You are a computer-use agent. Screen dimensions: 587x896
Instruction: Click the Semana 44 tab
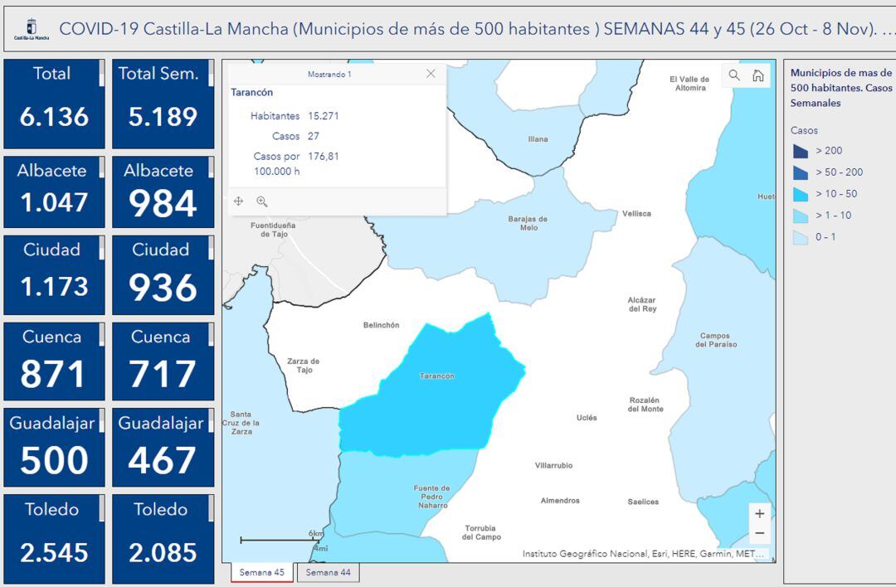328,572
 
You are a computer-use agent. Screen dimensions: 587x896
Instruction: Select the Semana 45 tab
261,572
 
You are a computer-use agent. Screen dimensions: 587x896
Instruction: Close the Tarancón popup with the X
431,74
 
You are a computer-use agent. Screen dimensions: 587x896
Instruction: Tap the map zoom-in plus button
759,513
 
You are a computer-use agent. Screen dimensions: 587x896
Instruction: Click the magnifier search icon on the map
734,75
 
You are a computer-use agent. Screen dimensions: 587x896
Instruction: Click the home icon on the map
757,75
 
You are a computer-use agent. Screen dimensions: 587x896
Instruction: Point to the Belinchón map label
382,326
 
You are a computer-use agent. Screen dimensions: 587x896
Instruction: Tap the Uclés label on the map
587,418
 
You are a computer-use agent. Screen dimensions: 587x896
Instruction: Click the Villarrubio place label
553,466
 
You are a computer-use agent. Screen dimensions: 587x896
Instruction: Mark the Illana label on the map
538,139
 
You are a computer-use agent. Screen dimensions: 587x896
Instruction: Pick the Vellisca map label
636,214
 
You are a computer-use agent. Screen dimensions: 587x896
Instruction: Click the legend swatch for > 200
801,151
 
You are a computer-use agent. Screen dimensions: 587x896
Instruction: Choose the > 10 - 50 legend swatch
801,194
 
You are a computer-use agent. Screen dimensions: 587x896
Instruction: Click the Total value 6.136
54,117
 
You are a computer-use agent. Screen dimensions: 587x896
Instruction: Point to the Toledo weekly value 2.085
163,552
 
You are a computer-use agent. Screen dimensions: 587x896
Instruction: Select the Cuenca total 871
52,375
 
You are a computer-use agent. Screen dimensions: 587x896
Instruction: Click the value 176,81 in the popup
324,156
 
